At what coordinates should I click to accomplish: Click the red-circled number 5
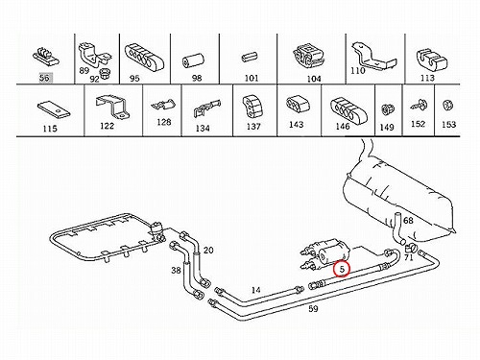click(x=342, y=269)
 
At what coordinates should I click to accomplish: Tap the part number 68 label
click(x=408, y=221)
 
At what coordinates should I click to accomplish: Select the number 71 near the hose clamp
click(x=409, y=257)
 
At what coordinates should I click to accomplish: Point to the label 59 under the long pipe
click(x=313, y=309)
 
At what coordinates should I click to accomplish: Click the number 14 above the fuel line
click(x=255, y=290)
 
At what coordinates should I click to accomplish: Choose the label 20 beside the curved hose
click(x=208, y=250)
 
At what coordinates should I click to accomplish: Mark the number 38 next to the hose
click(x=176, y=271)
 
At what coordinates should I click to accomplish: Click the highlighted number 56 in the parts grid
click(x=45, y=78)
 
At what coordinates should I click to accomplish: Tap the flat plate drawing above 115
click(x=54, y=109)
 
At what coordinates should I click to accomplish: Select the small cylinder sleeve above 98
click(x=193, y=60)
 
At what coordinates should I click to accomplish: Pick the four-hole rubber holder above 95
click(x=144, y=58)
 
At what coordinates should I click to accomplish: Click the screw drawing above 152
click(x=418, y=104)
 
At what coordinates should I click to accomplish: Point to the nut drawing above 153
click(x=448, y=106)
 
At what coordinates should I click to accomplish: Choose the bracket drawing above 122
click(x=112, y=107)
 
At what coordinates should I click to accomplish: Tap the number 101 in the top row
click(x=252, y=78)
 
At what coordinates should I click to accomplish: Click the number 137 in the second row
click(x=253, y=127)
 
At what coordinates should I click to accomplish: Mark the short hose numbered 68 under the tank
click(x=397, y=228)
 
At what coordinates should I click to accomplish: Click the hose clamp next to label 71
click(x=410, y=247)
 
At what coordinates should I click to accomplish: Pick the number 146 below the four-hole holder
click(x=343, y=127)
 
